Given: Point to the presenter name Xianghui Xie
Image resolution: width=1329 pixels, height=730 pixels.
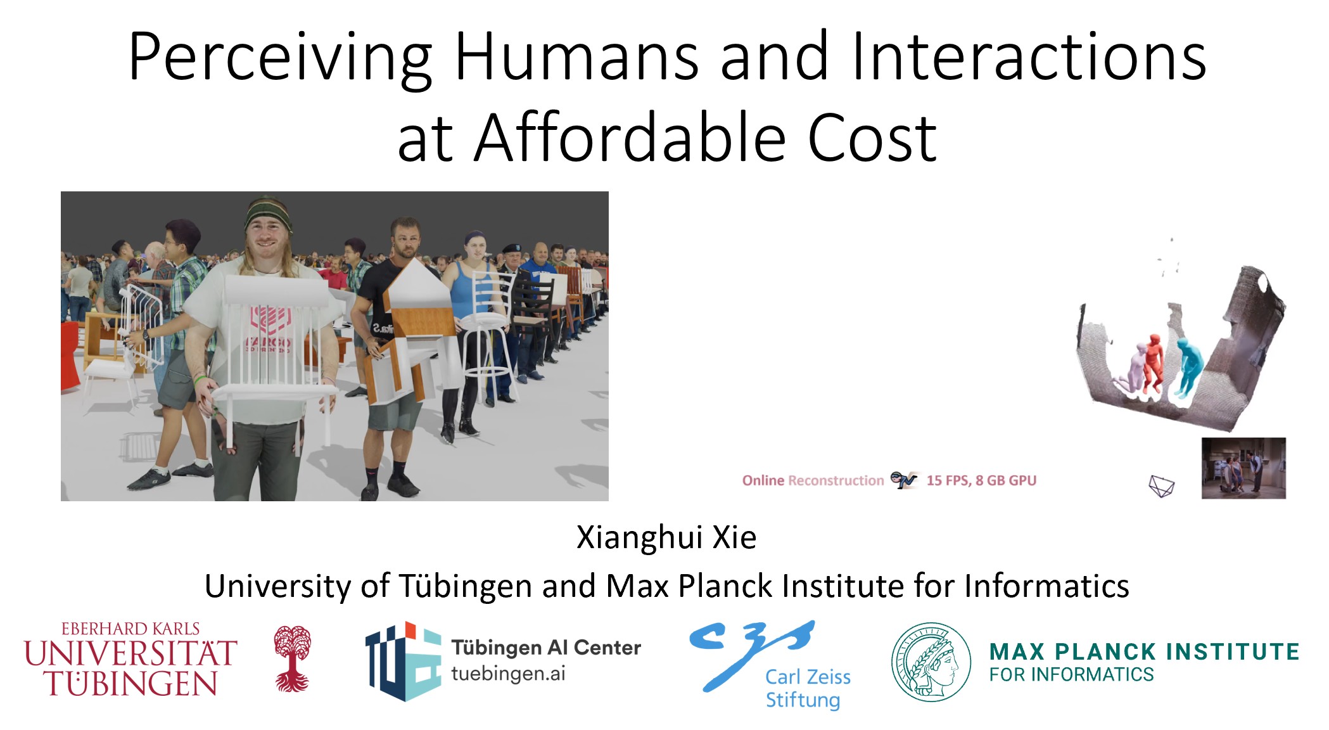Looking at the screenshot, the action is (666, 537).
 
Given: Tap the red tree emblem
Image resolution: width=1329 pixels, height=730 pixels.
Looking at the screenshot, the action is (292, 658).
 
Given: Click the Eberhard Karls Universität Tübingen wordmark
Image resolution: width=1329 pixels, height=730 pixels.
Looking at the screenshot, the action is (130, 659).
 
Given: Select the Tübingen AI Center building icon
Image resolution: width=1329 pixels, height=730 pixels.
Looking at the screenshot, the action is (404, 661).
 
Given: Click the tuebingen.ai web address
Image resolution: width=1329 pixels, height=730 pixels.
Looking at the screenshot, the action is (508, 674).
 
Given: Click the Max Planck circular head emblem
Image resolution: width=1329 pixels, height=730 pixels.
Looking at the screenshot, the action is (931, 662).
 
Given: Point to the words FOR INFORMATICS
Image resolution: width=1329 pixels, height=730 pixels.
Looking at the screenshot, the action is (1071, 675).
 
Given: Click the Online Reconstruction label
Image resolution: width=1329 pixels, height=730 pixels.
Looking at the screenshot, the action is (813, 480).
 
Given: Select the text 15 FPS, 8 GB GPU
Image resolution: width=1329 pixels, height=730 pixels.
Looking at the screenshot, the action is (981, 480).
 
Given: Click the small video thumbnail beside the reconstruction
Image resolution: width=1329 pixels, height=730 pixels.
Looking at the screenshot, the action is (1243, 468).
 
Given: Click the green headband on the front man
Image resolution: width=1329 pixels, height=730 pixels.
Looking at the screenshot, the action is (268, 210).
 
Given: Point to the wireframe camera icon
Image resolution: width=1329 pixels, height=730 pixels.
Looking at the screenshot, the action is (1161, 486).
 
